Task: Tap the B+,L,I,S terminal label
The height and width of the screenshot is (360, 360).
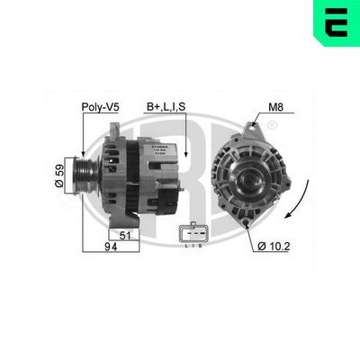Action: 166,109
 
